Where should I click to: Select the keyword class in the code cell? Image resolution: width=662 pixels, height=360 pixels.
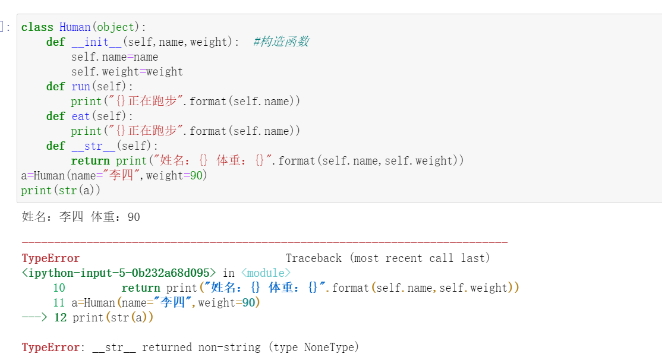(37, 27)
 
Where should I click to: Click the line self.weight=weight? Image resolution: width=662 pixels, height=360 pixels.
(127, 72)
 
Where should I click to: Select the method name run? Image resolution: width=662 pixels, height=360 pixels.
(80, 87)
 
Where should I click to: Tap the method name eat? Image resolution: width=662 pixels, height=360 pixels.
(80, 116)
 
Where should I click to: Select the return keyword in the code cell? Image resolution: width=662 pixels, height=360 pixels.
(90, 161)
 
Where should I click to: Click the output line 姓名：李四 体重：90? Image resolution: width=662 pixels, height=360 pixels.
(81, 217)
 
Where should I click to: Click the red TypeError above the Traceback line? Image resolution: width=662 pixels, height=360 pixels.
(51, 258)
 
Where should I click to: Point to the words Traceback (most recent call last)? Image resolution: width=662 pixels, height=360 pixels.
(387, 258)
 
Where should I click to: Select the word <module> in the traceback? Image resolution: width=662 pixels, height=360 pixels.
(266, 273)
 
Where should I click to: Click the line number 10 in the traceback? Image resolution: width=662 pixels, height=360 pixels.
(59, 288)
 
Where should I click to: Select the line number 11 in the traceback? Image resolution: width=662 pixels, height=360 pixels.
(59, 303)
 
